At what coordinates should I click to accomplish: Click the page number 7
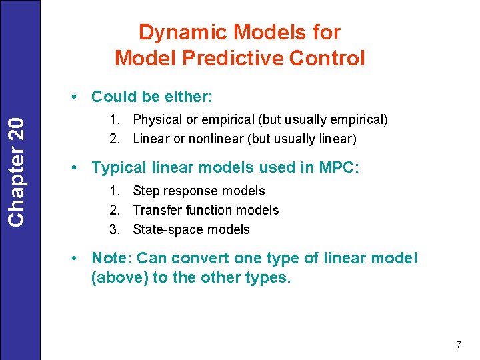458,345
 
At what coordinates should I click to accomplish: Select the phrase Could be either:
152,97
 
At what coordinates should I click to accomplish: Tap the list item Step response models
199,191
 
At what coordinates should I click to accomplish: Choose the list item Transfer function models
205,210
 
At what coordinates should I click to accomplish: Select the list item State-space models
191,229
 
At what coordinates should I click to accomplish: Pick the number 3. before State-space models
115,229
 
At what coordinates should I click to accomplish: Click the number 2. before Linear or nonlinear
115,139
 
